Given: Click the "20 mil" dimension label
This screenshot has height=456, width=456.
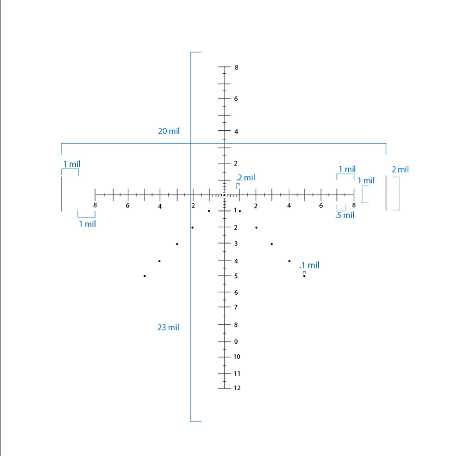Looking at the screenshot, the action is click(169, 131).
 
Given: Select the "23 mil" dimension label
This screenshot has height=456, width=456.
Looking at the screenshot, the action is click(168, 328).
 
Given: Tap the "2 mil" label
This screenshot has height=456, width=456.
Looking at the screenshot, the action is click(400, 170).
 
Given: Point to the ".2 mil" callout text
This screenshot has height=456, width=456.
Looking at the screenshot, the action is click(245, 178).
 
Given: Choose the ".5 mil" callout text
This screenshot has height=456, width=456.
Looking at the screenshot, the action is click(345, 215).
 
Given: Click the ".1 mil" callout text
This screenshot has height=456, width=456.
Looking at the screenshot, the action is click(309, 265).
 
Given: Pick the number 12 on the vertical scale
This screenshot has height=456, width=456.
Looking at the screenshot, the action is click(237, 388).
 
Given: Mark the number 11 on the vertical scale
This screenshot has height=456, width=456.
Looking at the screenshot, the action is click(237, 374).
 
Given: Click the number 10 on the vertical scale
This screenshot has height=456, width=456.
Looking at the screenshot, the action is click(237, 357).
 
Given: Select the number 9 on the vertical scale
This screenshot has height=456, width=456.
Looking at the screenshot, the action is click(236, 342).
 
